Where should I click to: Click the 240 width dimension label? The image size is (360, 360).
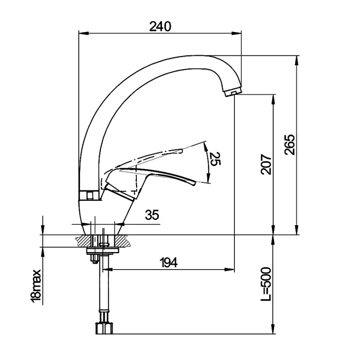(x=160, y=27)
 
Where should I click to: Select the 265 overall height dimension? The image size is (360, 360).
(x=290, y=144)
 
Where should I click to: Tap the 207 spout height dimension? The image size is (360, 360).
(x=266, y=165)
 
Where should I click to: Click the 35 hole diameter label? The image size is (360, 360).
(x=152, y=215)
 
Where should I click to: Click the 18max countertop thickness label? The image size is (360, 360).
(x=36, y=285)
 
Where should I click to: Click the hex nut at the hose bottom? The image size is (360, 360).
(x=103, y=328)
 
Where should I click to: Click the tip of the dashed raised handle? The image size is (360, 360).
(x=181, y=149)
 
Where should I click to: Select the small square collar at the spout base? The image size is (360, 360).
(x=90, y=195)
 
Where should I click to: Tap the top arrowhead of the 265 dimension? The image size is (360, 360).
(x=297, y=59)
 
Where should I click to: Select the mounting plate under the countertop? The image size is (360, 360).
(x=103, y=250)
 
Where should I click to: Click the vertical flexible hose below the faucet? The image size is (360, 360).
(x=104, y=288)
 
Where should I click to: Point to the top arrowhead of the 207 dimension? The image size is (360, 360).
(x=273, y=98)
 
